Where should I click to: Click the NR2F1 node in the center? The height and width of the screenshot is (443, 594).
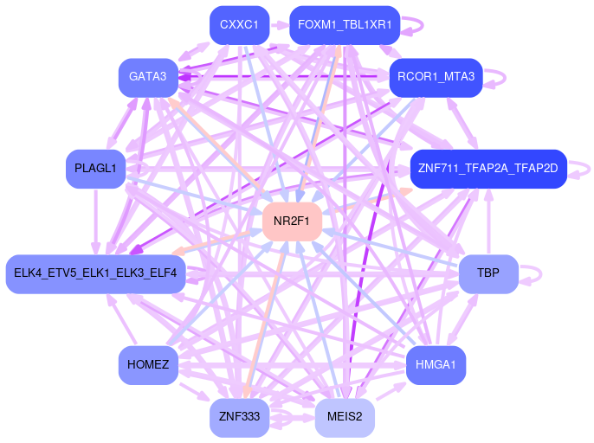pos(292,221)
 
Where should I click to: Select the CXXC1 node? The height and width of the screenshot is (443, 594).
pos(239,24)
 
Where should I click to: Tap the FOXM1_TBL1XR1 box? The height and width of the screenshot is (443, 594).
pos(344,24)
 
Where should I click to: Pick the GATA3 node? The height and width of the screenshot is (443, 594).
pos(147,77)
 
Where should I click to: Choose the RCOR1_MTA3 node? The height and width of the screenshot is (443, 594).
pos(436,77)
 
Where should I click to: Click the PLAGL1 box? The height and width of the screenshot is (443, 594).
pos(95,168)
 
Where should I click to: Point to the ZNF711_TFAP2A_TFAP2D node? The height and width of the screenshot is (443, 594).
pos(487,168)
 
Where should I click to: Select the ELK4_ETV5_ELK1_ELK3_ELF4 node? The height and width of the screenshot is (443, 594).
pos(95,273)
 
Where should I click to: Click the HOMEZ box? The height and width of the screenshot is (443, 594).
pos(147,364)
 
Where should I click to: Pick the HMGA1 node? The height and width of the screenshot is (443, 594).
pos(436,364)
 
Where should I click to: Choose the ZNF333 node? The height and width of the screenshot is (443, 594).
pos(239,417)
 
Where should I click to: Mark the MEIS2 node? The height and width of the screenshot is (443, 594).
pos(344,417)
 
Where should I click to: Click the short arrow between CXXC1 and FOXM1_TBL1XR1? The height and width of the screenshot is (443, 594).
pos(280,24)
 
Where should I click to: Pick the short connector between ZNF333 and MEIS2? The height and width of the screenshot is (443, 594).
pos(292,417)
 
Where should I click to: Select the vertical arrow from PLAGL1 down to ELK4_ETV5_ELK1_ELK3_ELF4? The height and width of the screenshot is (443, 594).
pos(95,221)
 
